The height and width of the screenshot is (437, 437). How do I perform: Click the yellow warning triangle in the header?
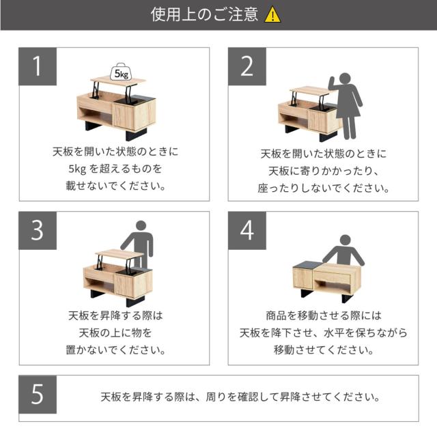point(272,15)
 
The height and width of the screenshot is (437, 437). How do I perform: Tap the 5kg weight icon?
point(121,72)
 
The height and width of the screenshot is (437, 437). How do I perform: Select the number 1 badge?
point(38,66)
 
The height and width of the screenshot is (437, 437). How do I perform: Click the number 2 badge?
point(247,66)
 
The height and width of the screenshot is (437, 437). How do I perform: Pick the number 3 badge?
point(38,231)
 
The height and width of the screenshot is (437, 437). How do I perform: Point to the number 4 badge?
point(247,231)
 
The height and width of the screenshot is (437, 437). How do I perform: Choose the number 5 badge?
point(38,395)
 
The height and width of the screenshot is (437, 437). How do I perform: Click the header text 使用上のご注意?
point(204,14)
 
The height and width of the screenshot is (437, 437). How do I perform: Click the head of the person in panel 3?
point(141,226)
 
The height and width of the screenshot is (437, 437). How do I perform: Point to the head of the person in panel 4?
point(345,240)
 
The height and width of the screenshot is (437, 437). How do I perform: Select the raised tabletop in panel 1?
point(118,81)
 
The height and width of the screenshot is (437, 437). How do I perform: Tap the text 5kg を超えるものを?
point(115,169)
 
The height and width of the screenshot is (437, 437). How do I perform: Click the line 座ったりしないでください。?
point(323,188)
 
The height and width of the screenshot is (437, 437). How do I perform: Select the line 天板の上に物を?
point(115,333)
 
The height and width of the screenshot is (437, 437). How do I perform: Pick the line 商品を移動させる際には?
point(323,315)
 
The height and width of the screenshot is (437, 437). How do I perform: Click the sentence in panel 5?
point(240,397)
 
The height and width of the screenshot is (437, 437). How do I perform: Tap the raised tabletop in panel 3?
point(119,254)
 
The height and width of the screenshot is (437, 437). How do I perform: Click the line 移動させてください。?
point(323,350)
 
